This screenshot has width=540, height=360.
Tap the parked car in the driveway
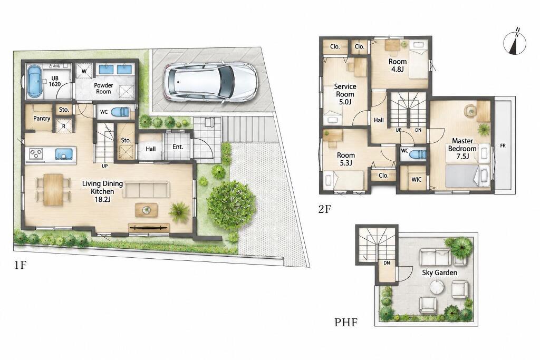(x=210, y=82)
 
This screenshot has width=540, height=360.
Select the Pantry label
(x=42, y=119)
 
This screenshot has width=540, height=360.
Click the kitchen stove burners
(x=36, y=153)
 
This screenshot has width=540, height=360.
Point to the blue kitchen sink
(x=64, y=153)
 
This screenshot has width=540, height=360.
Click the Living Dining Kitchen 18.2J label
(x=102, y=191)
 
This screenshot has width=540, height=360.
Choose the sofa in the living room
(x=147, y=190)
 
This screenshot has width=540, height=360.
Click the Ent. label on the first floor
(x=178, y=147)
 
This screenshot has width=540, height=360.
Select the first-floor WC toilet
(x=121, y=112)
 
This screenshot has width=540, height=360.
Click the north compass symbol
(x=515, y=43)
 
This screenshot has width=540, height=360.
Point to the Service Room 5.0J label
(x=345, y=94)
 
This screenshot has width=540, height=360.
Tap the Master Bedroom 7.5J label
(x=462, y=149)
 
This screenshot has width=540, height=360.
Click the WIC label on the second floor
(x=417, y=179)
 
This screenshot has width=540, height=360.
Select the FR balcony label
(x=503, y=146)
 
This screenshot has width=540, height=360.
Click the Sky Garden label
(x=440, y=273)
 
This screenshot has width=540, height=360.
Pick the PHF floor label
(x=346, y=323)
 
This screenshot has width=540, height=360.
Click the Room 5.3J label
(x=346, y=159)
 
